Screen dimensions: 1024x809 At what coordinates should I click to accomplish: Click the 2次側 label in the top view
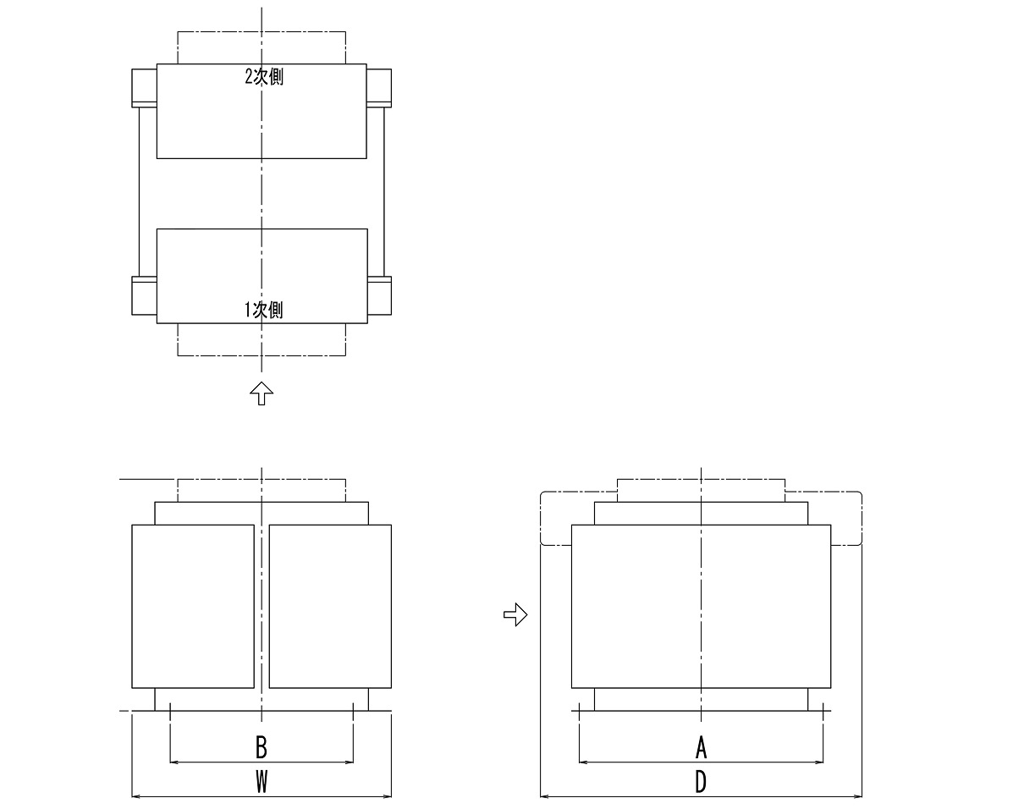pyautogui.click(x=264, y=77)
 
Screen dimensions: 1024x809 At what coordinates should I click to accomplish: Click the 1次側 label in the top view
pyautogui.click(x=263, y=310)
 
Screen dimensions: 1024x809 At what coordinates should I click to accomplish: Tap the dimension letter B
pyautogui.click(x=262, y=747)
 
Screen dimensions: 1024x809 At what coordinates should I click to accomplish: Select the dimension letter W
pyautogui.click(x=262, y=781)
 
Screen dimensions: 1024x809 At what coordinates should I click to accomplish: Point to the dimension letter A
pyautogui.click(x=701, y=747)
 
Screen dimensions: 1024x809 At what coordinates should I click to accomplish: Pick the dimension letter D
pyautogui.click(x=701, y=781)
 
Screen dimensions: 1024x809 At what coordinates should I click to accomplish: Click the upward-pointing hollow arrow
pyautogui.click(x=262, y=393)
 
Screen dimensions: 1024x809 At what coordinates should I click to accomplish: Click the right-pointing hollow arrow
pyautogui.click(x=515, y=615)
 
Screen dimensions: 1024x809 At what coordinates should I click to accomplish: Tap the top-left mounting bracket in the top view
pyautogui.click(x=144, y=88)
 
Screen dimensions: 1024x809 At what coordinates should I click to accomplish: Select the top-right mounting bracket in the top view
pyautogui.click(x=379, y=88)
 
